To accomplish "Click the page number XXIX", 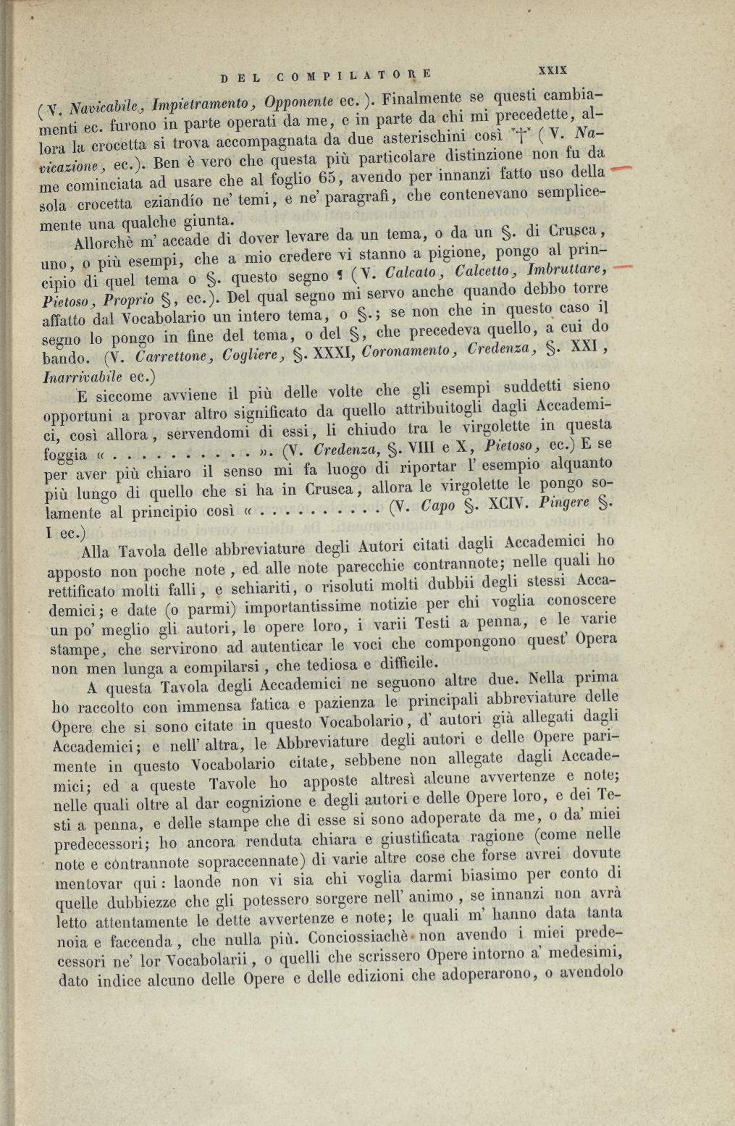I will pos(552,70).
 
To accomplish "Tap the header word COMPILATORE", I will pos(353,73).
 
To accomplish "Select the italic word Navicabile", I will pos(107,106).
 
